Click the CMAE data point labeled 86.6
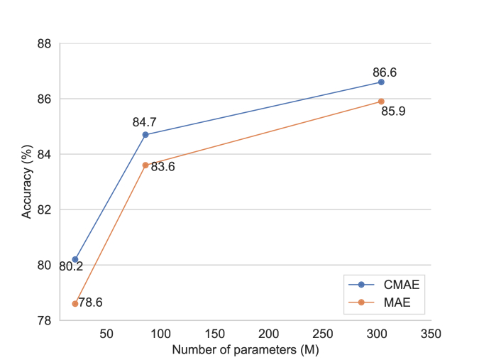coord(381,82)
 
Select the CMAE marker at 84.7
coord(145,135)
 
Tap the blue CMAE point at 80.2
coord(75,259)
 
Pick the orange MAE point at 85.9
coord(381,102)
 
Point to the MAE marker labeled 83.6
coord(145,165)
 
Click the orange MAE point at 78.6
coord(75,303)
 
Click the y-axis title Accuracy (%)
coord(26,182)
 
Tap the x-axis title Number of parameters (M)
coord(246,349)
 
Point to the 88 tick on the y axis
coord(44,44)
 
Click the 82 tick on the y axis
coord(44,209)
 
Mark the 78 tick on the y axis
coord(44,320)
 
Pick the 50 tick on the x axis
coord(106,334)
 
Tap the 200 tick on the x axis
coord(268,334)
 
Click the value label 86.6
coord(384,72)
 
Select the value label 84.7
coord(145,122)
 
